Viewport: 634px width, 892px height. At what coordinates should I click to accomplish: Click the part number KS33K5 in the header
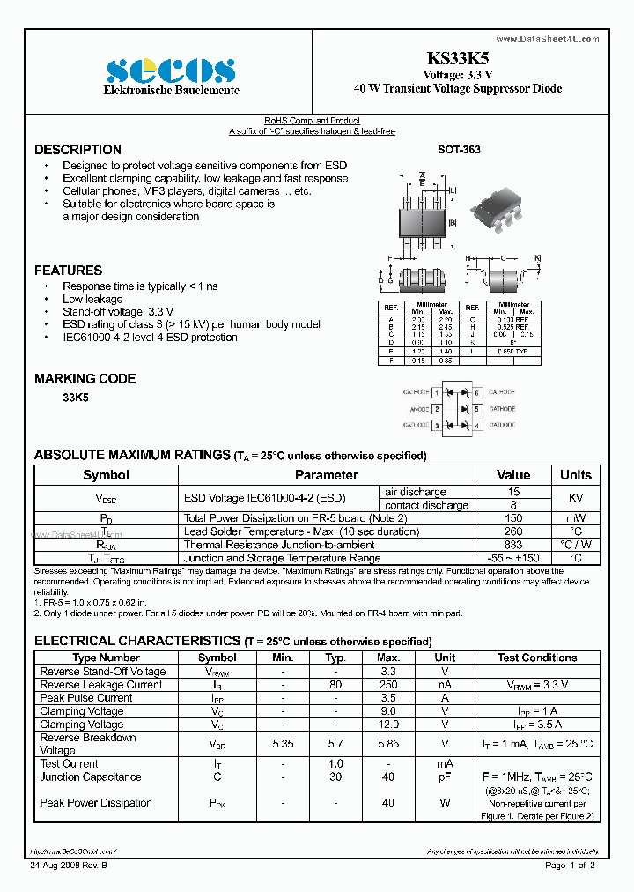click(x=458, y=59)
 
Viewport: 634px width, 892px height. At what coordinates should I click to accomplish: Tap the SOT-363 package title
click(x=459, y=150)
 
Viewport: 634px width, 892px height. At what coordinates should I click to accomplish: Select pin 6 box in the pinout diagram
click(x=477, y=392)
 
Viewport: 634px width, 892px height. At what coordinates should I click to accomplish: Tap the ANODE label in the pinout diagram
click(x=417, y=409)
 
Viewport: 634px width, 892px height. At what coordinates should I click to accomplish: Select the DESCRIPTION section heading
click(x=77, y=150)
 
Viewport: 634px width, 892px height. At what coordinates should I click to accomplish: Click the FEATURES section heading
click(x=68, y=271)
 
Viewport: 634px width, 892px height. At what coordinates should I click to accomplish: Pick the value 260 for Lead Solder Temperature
click(x=513, y=531)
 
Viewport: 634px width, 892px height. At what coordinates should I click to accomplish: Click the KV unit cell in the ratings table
click(x=575, y=498)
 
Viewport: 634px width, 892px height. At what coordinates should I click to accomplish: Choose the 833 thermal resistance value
click(x=513, y=545)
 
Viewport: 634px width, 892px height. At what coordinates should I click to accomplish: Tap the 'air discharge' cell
click(x=416, y=492)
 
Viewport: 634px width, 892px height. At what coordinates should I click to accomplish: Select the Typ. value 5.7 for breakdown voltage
click(x=335, y=744)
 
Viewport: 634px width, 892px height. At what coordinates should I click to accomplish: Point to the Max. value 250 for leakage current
click(x=387, y=685)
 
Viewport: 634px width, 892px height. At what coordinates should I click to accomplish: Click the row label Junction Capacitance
click(x=91, y=777)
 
